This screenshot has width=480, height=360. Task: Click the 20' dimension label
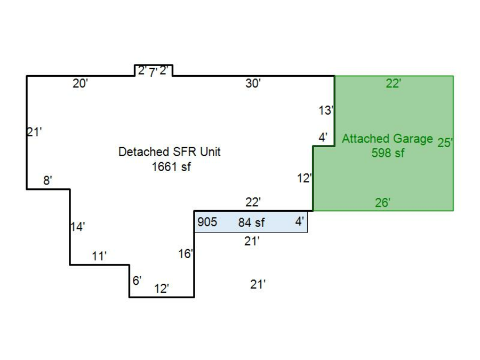click(x=80, y=84)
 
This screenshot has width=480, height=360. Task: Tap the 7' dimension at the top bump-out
click(x=153, y=73)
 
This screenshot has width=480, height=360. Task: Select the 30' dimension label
click(x=253, y=84)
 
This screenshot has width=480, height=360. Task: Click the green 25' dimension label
click(x=445, y=143)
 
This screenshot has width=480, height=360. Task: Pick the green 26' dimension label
click(x=382, y=203)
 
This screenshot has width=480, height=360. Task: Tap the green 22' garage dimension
click(x=393, y=84)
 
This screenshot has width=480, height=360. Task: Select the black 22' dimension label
click(x=253, y=202)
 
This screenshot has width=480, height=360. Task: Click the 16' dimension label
click(x=185, y=254)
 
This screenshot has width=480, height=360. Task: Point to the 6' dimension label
click(x=137, y=281)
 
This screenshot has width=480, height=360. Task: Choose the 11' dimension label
click(x=99, y=257)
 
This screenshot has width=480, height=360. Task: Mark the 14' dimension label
click(x=77, y=227)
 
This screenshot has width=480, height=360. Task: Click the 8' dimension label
click(x=47, y=181)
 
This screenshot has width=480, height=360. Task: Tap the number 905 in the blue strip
click(x=207, y=222)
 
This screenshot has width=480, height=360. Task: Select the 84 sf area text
click(x=251, y=222)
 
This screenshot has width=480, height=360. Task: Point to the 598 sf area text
click(x=388, y=153)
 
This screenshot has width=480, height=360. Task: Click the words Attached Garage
click(x=387, y=139)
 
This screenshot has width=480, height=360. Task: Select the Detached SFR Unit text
click(x=169, y=152)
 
